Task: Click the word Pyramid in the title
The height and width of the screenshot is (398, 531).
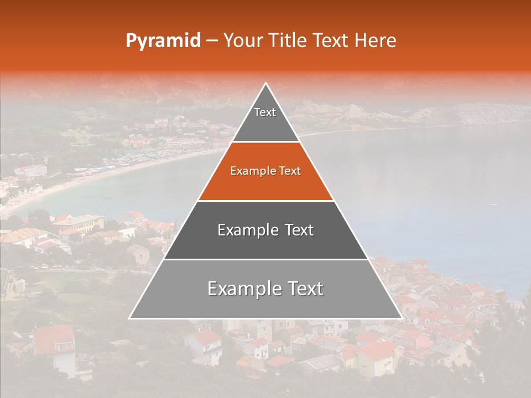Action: point(163,41)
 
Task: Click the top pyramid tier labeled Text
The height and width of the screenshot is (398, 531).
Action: point(265,119)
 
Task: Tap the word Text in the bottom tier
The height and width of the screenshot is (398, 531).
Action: point(304,289)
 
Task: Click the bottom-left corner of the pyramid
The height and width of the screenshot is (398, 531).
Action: point(129,318)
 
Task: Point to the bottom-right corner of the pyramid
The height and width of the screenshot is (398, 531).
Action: point(402,318)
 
